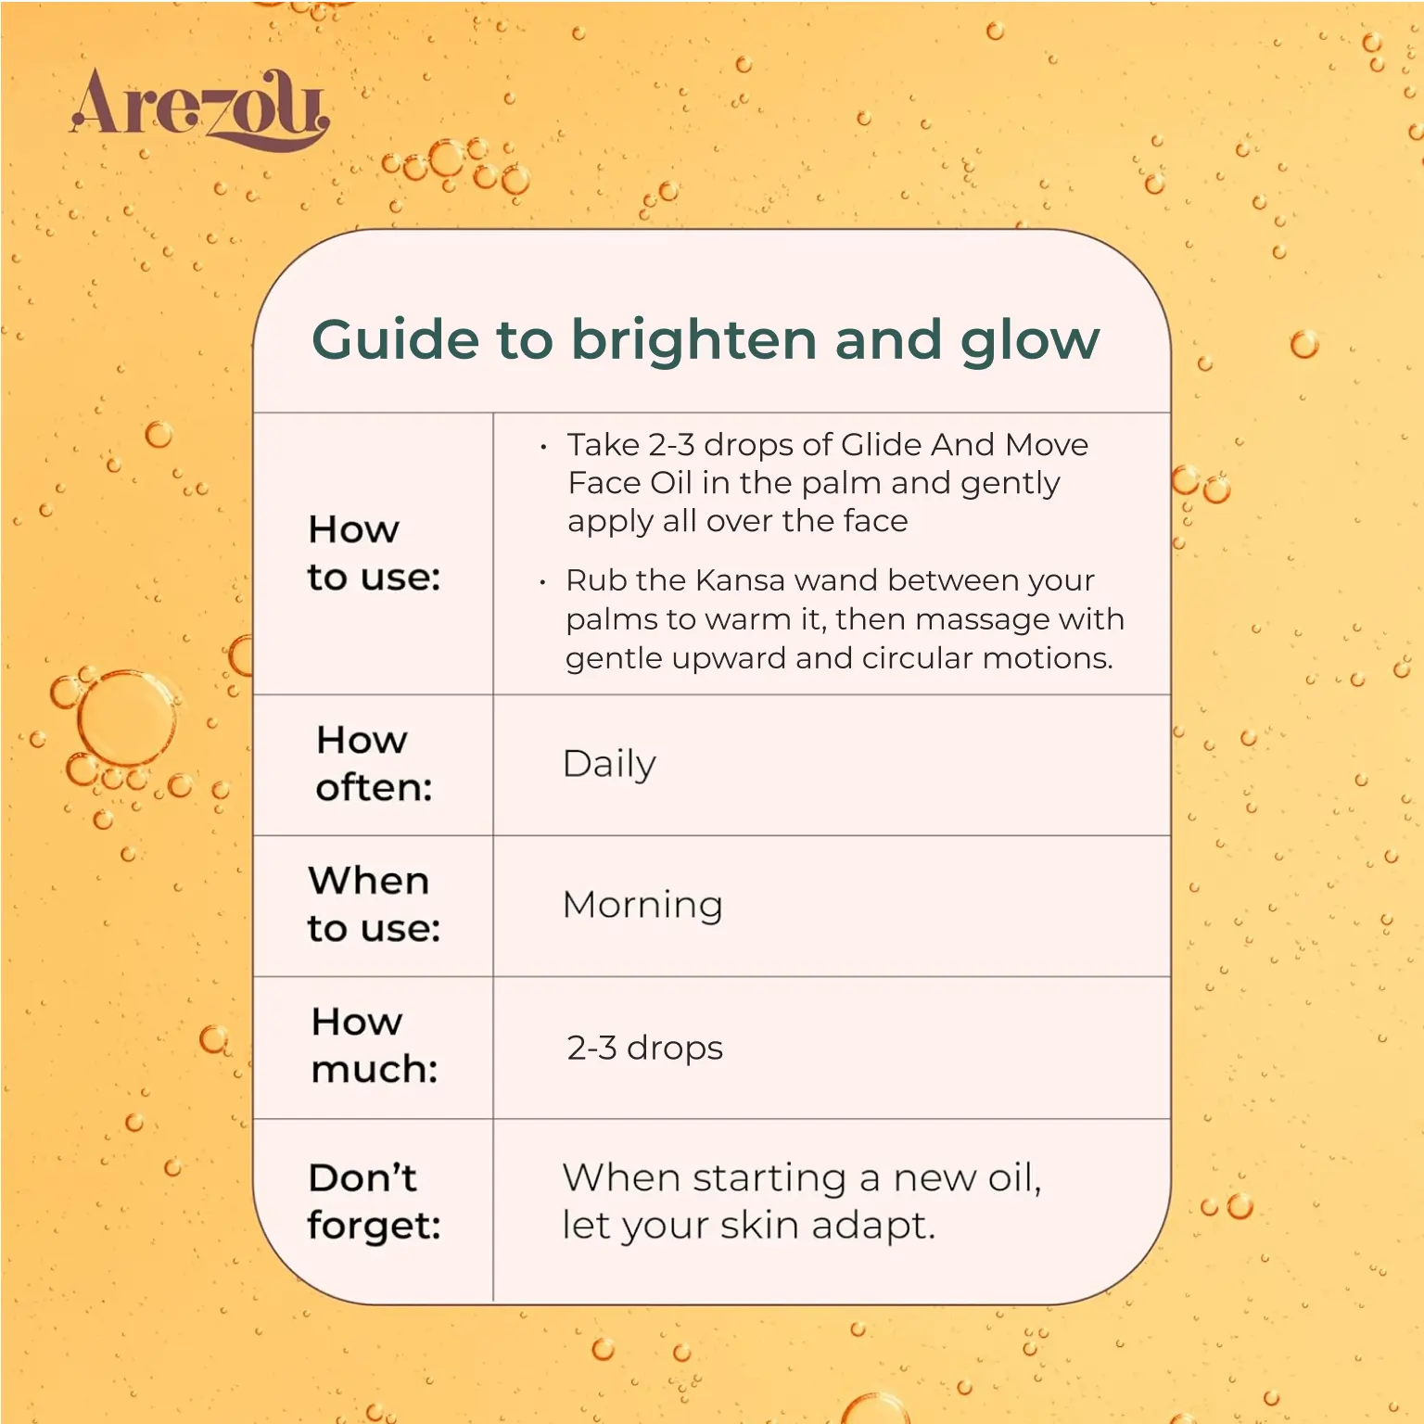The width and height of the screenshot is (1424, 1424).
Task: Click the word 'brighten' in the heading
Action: point(694,341)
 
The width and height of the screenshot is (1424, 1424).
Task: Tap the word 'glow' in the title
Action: point(1030,341)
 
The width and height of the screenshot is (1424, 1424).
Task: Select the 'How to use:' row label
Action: point(374,553)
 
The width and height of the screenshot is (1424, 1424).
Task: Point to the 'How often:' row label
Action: point(374,763)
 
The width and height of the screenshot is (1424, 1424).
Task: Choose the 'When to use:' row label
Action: point(374,904)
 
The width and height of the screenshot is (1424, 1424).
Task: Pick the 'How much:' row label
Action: point(374,1045)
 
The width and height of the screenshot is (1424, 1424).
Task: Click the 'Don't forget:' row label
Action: point(374,1201)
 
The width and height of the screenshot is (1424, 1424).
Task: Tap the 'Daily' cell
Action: point(609,765)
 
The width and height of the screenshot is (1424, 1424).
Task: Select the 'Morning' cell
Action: point(642,905)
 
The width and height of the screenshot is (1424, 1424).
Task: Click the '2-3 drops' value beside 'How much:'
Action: point(644,1048)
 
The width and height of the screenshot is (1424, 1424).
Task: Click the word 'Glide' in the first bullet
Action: point(881,445)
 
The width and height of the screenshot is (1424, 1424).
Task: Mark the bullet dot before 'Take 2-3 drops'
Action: point(543,448)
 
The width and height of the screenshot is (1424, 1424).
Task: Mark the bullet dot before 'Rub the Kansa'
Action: point(542,583)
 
